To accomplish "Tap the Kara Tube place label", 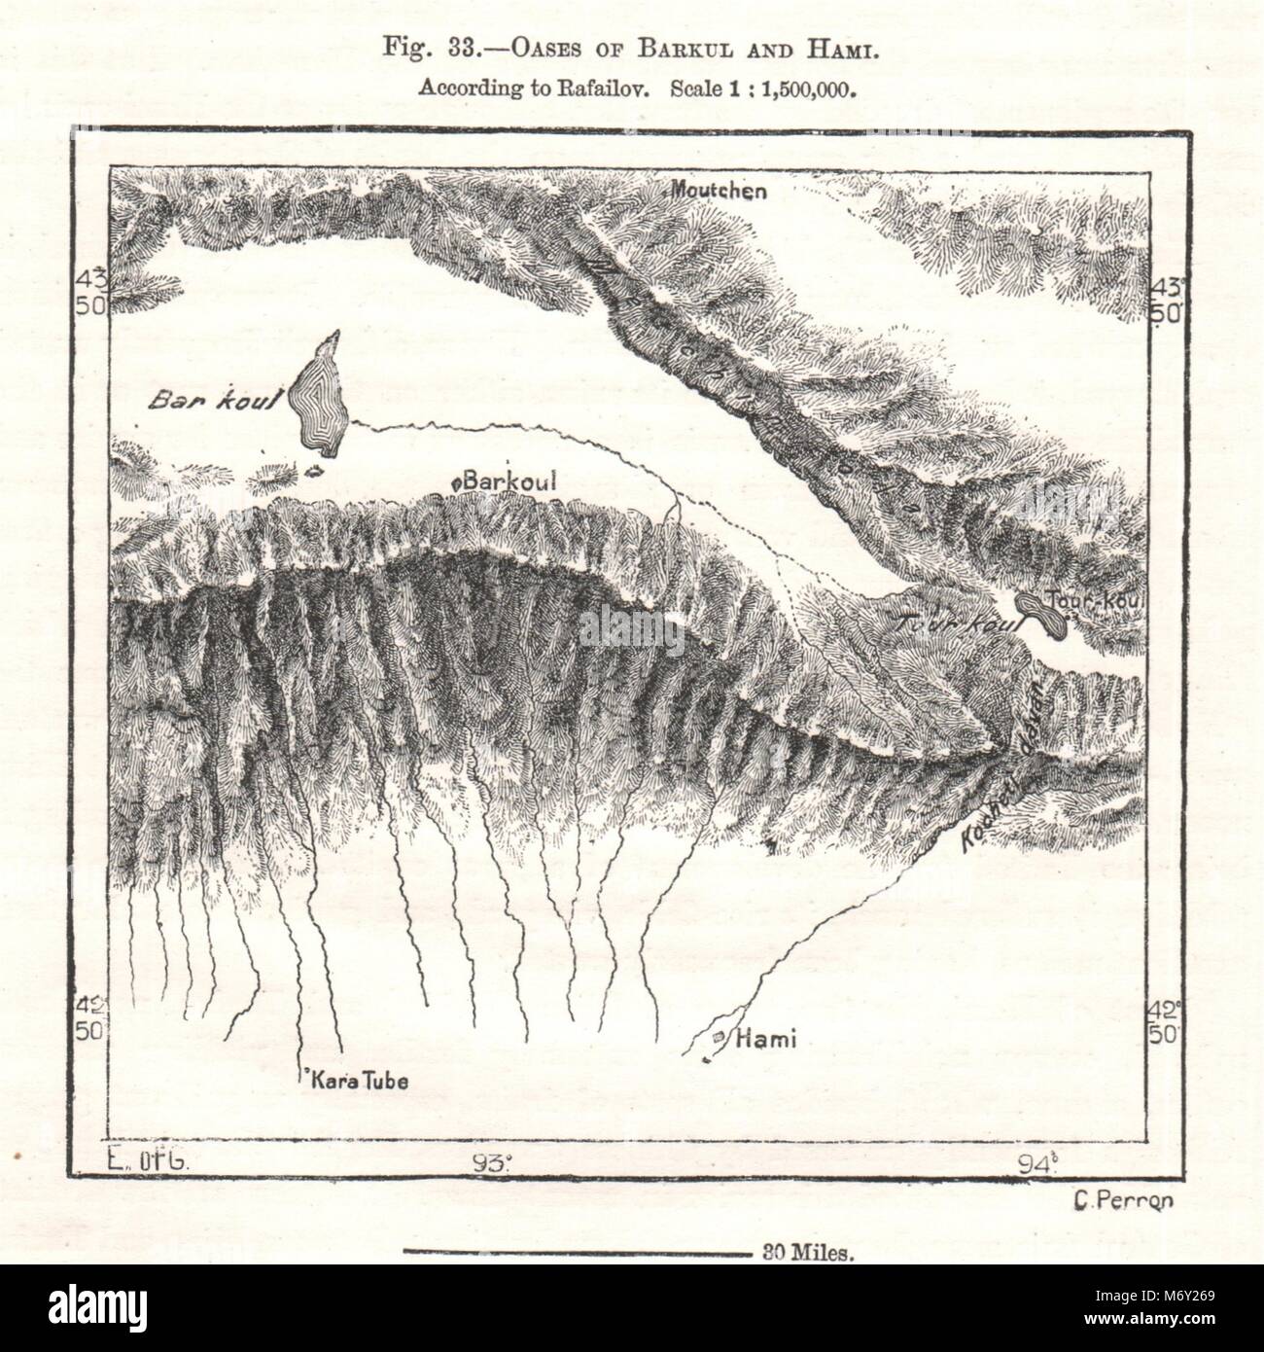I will tap(355, 1080).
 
